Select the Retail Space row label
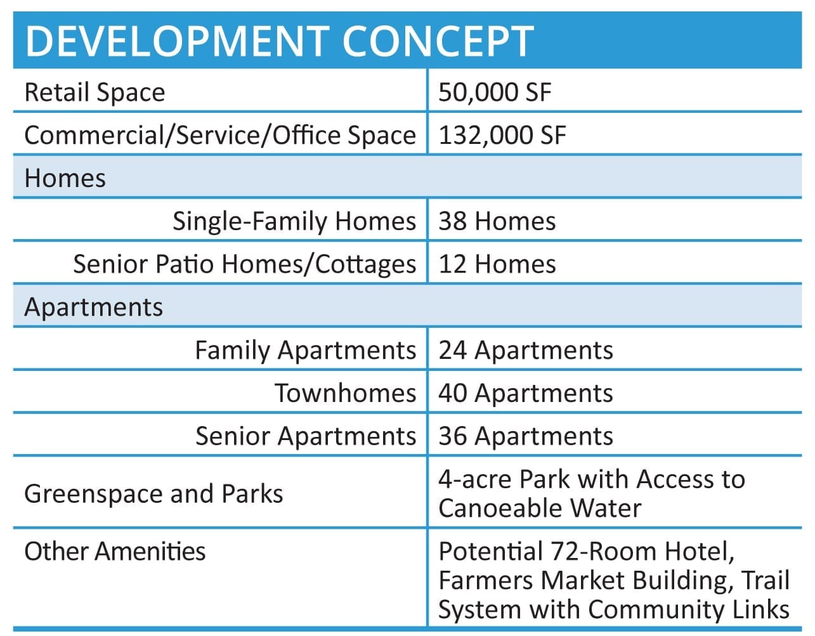pos(95,93)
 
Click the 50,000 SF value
pos(495,92)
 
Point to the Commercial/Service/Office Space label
pos(220,135)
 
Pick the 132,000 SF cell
pos(502,135)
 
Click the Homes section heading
pos(65,178)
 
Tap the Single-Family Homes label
pos(294,221)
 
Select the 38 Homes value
pos(497,221)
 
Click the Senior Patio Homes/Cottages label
pos(245,264)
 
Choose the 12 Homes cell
pos(497,264)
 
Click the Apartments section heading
pos(93,308)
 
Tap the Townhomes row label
pos(346,393)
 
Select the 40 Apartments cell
pos(526,394)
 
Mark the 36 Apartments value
pos(526,437)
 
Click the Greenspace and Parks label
pos(153,494)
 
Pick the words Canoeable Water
pos(540,509)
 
